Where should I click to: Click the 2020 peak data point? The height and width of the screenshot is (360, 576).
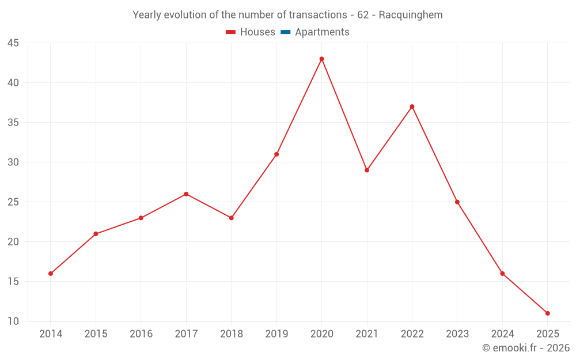tap(321, 59)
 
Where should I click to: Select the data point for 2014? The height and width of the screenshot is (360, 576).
tap(51, 274)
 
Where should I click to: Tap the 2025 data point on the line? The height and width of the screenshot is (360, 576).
tap(547, 313)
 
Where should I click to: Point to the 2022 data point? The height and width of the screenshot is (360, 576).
tap(412, 107)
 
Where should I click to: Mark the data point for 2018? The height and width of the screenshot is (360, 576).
tap(231, 218)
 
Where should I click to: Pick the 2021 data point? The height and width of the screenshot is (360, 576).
tap(367, 170)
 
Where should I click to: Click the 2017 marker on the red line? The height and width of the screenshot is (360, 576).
tap(186, 194)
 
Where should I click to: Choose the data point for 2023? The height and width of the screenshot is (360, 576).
tap(457, 202)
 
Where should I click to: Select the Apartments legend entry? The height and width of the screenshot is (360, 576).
tap(322, 32)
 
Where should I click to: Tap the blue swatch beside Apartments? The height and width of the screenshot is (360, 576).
tap(285, 32)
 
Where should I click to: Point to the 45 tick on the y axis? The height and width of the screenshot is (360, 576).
tap(13, 43)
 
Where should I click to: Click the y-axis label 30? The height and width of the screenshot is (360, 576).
tap(13, 162)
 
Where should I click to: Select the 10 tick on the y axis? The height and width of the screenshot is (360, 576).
tap(13, 321)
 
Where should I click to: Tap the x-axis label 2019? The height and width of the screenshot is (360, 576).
tap(276, 334)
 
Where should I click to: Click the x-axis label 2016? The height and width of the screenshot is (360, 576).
tap(141, 334)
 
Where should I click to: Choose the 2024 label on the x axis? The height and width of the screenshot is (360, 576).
tap(502, 334)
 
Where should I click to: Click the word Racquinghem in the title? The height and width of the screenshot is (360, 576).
tap(411, 15)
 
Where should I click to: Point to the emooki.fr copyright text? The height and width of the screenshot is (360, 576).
tap(526, 348)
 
